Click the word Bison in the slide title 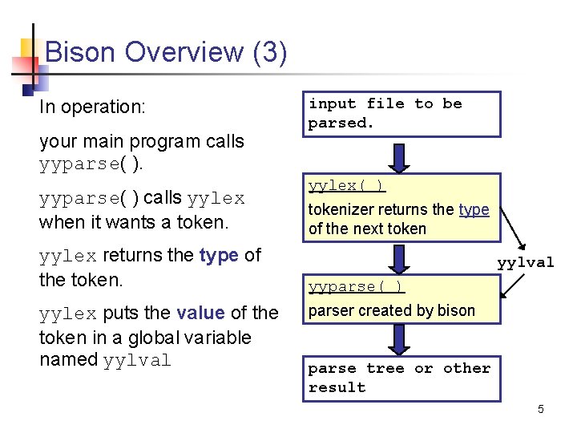83,52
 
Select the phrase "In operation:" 91,107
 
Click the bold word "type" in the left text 219,255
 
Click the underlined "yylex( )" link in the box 347,185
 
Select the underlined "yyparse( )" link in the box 357,286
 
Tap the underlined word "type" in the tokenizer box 474,209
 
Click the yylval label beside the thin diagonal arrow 525,262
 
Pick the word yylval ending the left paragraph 137,360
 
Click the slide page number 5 541,410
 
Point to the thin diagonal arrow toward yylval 509,225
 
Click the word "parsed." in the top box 341,123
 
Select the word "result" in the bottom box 337,387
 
